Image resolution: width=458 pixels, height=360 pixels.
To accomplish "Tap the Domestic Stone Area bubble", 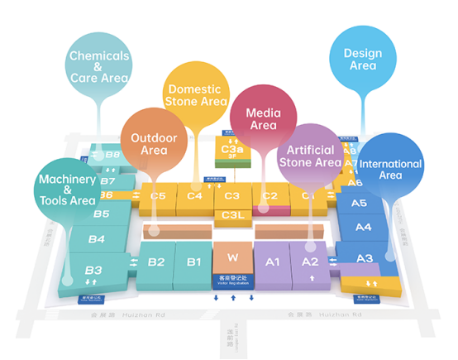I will point(195,94).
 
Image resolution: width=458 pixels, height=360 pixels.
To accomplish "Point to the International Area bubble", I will point(390,169).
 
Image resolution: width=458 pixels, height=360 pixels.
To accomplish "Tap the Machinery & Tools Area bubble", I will point(67,189).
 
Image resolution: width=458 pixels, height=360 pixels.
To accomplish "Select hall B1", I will point(194,262).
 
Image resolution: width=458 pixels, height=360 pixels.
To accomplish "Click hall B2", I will point(156,262).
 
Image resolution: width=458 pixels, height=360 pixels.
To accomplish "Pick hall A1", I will point(273,262).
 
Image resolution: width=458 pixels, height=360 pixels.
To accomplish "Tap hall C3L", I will point(232,215).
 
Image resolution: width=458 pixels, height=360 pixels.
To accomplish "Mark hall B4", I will point(97,239).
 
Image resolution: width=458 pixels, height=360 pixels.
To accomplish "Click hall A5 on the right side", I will point(360,203).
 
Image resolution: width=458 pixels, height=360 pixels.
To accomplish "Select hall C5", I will point(158,196).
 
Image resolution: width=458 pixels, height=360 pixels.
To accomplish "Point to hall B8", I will point(113,155).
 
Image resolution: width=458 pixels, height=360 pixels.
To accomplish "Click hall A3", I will point(365,258).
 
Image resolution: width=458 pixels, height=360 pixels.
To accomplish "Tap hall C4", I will point(195,196).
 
